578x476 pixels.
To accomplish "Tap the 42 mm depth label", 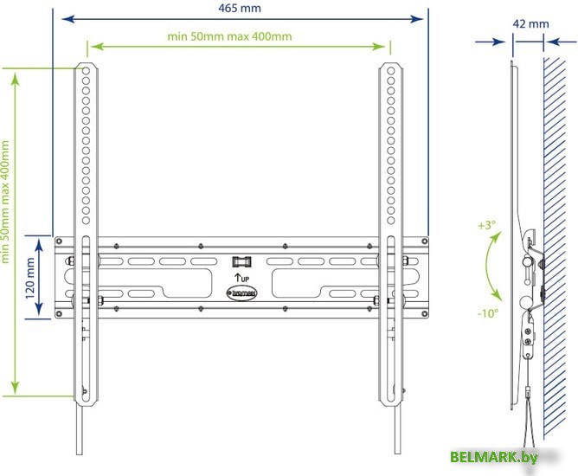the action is tap(530, 24).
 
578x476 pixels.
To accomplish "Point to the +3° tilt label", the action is tap(486, 225).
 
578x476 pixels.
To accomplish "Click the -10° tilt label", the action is tap(487, 313).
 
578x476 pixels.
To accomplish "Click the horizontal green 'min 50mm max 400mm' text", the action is tap(229, 36).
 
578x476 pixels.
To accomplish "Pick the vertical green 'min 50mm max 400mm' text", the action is tap(7, 202).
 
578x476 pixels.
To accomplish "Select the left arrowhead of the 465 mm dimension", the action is tap(58, 17).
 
